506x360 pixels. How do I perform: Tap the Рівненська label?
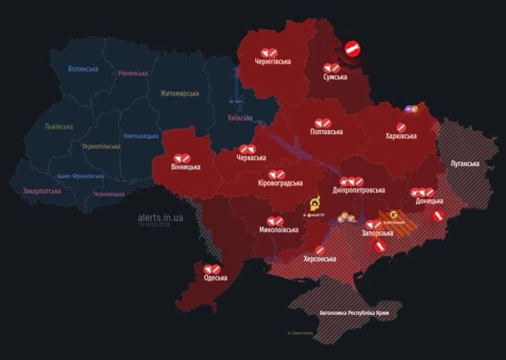133,73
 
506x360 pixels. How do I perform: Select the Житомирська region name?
179,94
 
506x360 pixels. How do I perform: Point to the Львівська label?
58,127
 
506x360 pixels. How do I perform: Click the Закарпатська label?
41,191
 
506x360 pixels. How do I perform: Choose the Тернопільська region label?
100,146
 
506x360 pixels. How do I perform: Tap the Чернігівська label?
273,62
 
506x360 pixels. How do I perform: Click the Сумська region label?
335,77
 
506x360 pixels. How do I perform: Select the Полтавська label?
327,131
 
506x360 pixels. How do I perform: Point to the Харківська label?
401,136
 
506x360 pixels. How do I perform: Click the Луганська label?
465,164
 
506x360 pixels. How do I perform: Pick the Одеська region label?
215,278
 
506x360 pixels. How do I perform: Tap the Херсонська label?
319,259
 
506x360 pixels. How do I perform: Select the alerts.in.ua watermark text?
160,218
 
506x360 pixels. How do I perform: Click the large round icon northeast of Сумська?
353,49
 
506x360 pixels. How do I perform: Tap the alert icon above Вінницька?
182,158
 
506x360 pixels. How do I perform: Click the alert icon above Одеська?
212,269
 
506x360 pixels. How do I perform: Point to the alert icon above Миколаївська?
275,221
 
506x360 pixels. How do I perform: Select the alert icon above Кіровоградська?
276,174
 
